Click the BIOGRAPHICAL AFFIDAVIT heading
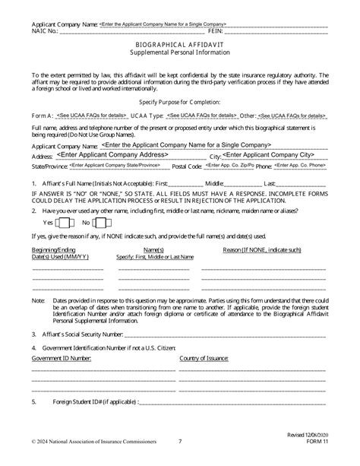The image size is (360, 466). pyautogui.click(x=179, y=44)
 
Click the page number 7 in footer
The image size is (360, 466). pyautogui.click(x=180, y=459)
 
